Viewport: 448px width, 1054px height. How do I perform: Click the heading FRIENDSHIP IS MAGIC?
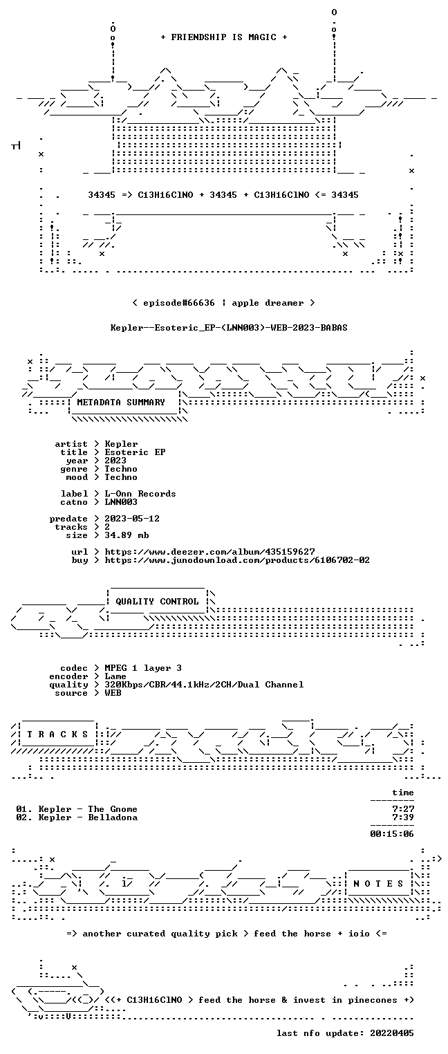[224, 37]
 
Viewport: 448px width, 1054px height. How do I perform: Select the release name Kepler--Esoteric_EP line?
[229, 328]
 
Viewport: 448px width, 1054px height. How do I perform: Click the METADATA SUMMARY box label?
[121, 403]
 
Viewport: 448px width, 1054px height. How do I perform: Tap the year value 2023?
[115, 461]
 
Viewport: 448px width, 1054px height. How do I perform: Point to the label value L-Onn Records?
[140, 494]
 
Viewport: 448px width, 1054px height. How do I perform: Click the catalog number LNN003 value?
[121, 502]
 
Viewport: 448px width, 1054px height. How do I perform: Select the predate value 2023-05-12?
[132, 519]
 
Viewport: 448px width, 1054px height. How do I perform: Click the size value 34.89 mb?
[127, 535]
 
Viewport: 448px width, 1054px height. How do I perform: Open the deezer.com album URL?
[210, 551]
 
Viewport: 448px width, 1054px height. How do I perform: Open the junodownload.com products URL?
[237, 560]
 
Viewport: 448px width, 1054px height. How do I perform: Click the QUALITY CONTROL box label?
[157, 601]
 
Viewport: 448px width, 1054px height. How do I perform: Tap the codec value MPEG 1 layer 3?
[143, 668]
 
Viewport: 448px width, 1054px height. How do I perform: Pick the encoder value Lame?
[115, 676]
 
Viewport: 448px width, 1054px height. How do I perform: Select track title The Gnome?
[113, 809]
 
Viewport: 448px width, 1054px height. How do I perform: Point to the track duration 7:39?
[403, 817]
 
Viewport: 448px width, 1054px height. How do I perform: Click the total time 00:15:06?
[392, 834]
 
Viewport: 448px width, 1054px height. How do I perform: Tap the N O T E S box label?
[378, 884]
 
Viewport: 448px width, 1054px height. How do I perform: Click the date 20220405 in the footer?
[392, 1033]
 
